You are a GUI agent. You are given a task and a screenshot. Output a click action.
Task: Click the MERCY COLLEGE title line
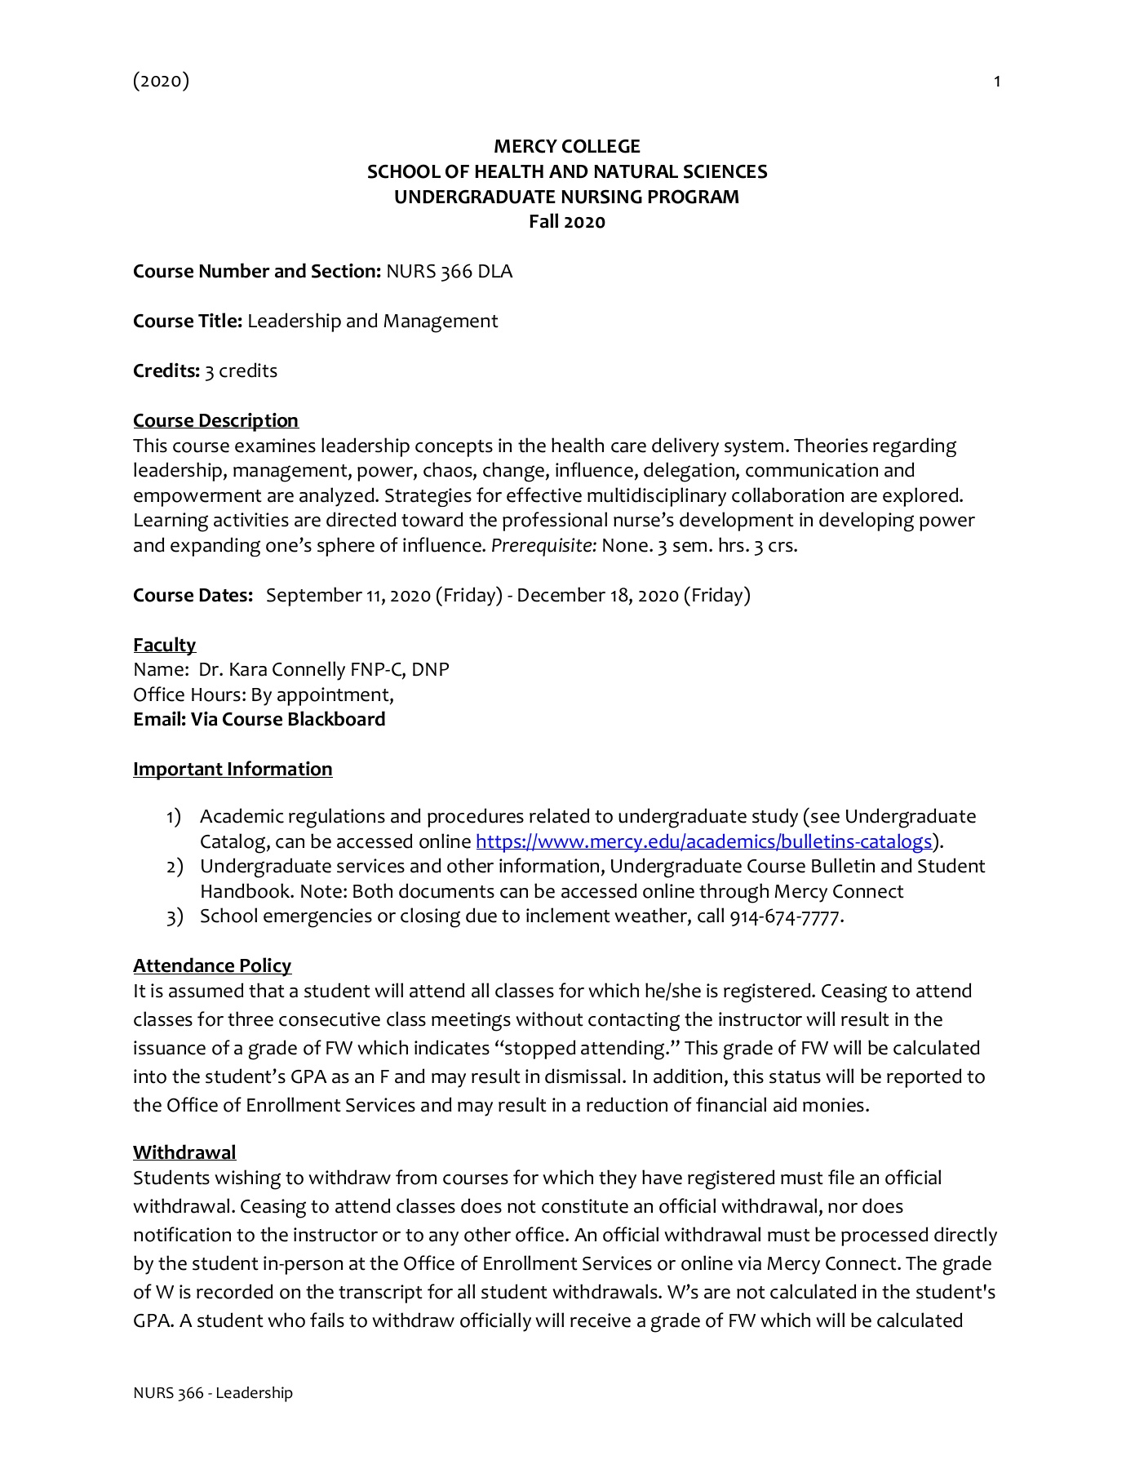(567, 147)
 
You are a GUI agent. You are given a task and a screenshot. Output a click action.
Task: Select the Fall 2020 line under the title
(567, 222)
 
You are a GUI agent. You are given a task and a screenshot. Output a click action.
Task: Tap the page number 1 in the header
(996, 81)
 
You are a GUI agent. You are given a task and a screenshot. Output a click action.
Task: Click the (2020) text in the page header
(161, 80)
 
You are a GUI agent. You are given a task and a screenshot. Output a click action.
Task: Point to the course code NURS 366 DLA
(449, 272)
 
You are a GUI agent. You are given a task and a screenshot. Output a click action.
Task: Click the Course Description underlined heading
(215, 420)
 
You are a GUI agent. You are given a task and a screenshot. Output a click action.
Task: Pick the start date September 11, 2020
(348, 595)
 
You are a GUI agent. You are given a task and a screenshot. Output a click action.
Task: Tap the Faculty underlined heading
(164, 645)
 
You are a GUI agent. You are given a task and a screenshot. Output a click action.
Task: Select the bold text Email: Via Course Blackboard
(259, 719)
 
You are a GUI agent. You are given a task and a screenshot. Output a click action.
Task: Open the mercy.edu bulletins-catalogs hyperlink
(703, 841)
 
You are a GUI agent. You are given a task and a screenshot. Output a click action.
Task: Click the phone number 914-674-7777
(784, 916)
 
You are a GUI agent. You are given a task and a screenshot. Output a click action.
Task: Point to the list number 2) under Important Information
(175, 867)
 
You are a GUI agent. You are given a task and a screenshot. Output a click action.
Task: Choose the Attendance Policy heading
(212, 965)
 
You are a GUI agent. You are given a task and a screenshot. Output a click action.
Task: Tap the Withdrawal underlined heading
(184, 1152)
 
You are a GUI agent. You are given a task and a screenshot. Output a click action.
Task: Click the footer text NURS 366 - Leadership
(212, 1393)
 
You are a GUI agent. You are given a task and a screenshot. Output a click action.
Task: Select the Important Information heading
(233, 769)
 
